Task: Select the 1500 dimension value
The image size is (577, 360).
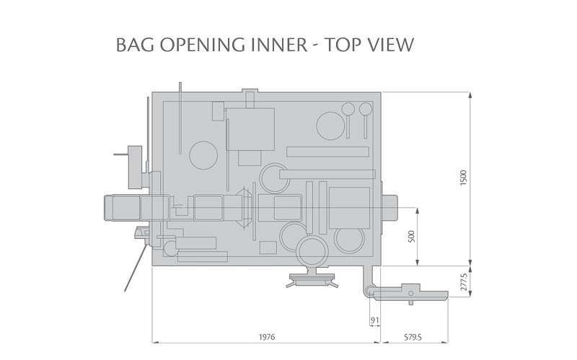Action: tap(464, 178)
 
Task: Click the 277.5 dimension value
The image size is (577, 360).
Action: tap(464, 281)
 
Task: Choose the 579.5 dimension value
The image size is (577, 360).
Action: tap(414, 336)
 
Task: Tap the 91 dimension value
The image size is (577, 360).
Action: tap(374, 320)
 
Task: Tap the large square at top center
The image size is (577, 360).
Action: tap(250, 128)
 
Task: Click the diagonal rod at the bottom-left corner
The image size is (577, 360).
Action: tap(134, 267)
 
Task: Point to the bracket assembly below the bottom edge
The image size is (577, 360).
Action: tap(312, 279)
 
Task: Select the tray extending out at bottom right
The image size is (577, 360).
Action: tap(412, 291)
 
